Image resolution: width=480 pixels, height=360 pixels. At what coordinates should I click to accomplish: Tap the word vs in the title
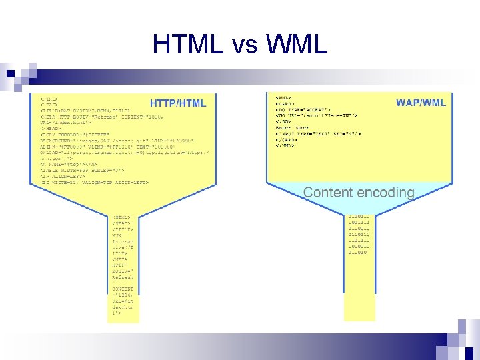249,44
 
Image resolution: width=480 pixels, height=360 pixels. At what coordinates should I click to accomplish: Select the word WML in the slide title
297,44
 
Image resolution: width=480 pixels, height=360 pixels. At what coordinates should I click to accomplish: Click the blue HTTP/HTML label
178,103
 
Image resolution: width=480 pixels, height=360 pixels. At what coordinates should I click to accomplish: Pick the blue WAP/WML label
421,103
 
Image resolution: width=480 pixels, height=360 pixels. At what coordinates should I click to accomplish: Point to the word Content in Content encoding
327,193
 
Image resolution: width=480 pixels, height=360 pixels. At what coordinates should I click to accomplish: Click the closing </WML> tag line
286,145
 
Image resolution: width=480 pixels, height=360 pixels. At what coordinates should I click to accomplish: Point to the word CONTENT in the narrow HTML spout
123,289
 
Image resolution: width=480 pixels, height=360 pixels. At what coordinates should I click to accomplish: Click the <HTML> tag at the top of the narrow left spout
121,217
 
